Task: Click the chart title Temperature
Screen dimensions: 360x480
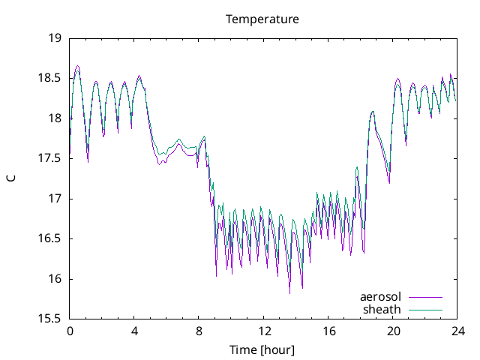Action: [262, 19]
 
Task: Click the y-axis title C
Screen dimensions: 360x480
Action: [10, 178]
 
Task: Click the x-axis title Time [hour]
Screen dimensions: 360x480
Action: [262, 350]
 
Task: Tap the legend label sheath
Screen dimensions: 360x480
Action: [382, 309]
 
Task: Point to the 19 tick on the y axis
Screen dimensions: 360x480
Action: [54, 37]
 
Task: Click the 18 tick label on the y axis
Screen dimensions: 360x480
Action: [54, 118]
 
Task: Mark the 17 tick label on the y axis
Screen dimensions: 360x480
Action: [54, 199]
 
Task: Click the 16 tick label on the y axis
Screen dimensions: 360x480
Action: [54, 280]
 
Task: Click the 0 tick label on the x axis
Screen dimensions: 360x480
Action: [70, 331]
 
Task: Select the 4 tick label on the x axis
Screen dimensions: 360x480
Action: [134, 331]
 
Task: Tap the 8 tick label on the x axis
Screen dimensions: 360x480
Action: [199, 331]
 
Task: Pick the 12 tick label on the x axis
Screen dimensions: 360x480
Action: [264, 331]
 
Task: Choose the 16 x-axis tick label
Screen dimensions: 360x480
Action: [328, 331]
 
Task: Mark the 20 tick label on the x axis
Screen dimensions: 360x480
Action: [394, 331]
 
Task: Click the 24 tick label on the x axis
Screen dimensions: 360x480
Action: [458, 331]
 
